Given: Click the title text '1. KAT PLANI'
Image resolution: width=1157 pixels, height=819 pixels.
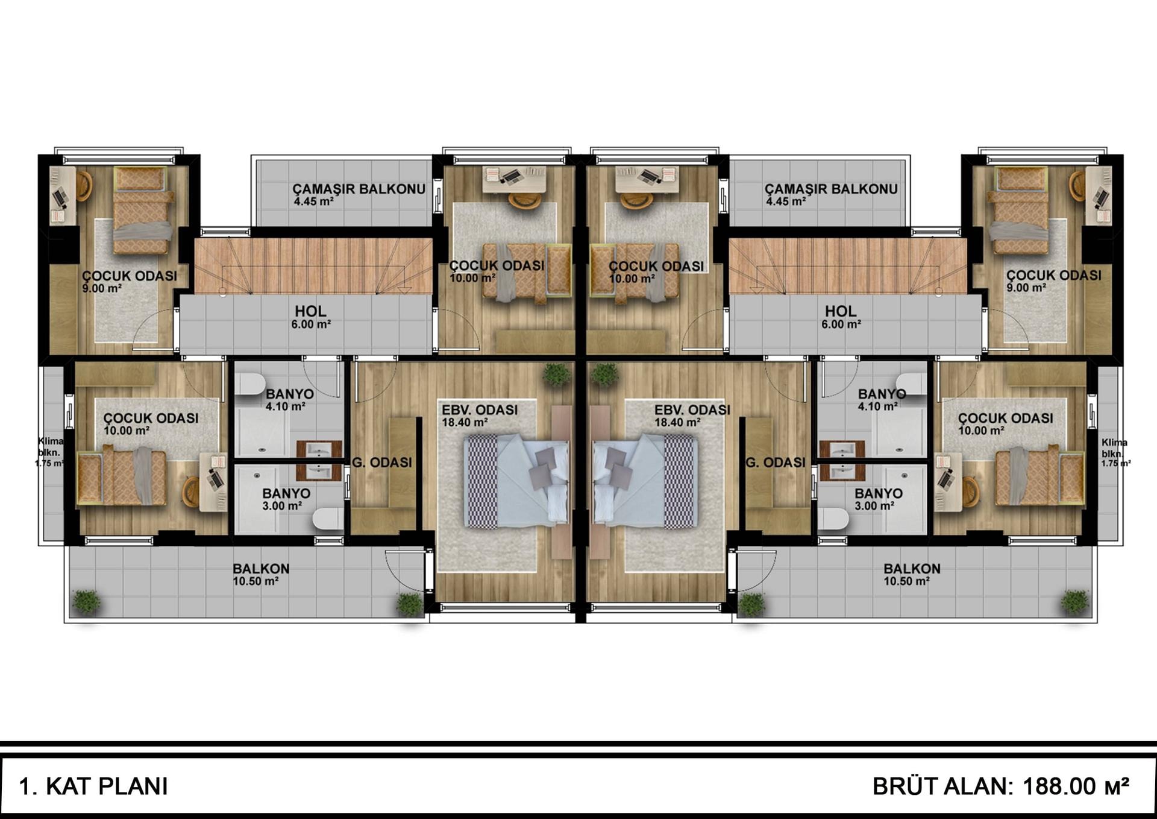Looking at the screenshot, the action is click(93, 786).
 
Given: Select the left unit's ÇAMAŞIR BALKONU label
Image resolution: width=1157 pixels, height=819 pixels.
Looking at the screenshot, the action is click(359, 189).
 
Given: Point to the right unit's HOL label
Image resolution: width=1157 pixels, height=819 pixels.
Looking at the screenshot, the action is click(841, 311).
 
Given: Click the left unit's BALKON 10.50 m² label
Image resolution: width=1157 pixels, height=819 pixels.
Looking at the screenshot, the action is click(261, 574).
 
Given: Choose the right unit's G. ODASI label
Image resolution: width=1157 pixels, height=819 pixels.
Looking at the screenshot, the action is click(776, 463).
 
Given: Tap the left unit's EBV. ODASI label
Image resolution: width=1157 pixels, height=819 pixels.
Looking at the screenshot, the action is click(480, 410).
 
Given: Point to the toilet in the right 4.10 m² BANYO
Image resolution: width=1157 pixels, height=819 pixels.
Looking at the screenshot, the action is click(911, 384).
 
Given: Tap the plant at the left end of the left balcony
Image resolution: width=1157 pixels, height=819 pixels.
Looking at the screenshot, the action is click(87, 602).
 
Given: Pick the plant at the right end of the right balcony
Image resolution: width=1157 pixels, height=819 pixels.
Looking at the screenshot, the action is click(1074, 602).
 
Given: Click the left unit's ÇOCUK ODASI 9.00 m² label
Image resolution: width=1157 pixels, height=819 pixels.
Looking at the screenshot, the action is click(130, 282).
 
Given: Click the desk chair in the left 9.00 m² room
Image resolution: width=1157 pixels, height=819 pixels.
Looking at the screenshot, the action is click(84, 186).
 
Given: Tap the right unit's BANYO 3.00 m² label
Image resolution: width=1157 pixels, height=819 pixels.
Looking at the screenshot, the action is click(879, 499).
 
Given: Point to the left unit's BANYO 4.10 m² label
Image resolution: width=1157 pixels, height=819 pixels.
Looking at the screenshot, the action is click(289, 400).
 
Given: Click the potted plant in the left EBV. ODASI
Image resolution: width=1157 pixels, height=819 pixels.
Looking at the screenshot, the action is click(556, 375).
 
